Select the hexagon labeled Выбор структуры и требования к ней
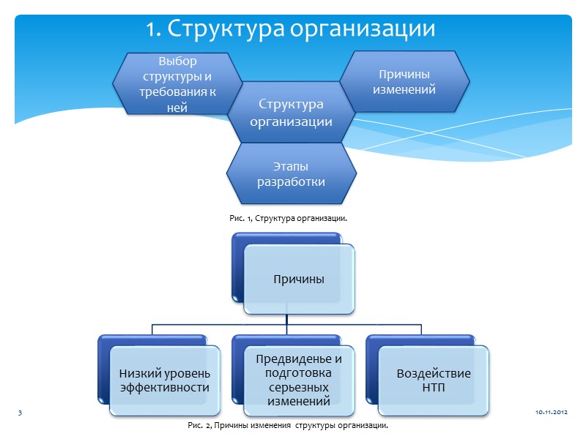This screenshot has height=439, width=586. pyautogui.click(x=177, y=83)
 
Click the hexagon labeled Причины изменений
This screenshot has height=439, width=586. pyautogui.click(x=404, y=82)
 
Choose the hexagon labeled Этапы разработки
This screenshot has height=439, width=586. pyautogui.click(x=291, y=174)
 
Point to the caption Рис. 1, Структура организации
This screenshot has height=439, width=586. pyautogui.click(x=287, y=218)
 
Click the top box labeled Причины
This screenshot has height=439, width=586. pyautogui.click(x=299, y=279)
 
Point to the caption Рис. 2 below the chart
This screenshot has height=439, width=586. pyautogui.click(x=287, y=425)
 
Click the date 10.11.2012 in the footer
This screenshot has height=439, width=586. pyautogui.click(x=551, y=414)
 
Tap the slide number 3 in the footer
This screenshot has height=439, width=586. pyautogui.click(x=21, y=414)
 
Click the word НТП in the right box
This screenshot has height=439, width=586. pyautogui.click(x=434, y=388)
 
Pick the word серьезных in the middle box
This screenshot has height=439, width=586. pyautogui.click(x=299, y=387)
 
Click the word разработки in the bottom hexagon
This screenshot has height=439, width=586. pyautogui.click(x=291, y=181)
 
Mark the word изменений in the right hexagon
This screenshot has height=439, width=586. pyautogui.click(x=404, y=90)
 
